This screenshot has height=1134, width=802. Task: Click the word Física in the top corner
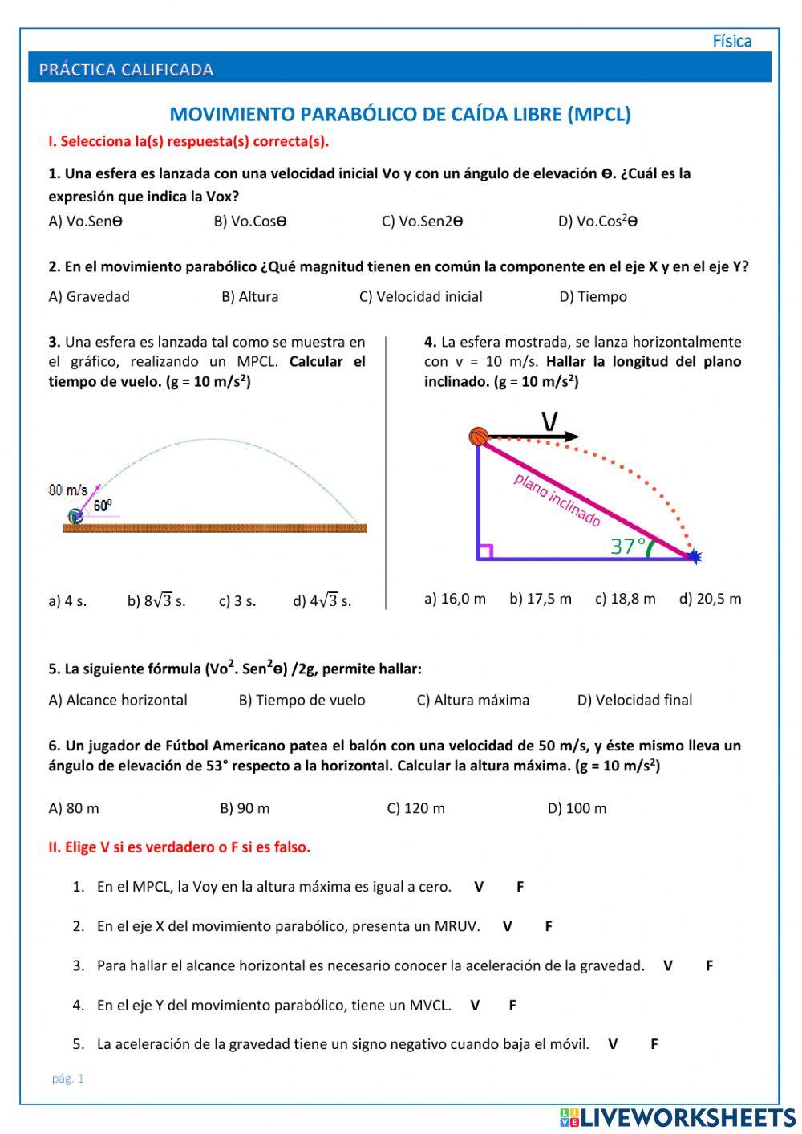pos(731,41)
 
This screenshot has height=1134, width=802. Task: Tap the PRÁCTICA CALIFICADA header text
pos(126,70)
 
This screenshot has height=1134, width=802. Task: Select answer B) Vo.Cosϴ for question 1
pos(249,222)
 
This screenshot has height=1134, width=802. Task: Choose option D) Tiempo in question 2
pos(593,296)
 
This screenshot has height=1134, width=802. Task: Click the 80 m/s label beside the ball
pos(67,490)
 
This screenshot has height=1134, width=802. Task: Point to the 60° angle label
pos(103,506)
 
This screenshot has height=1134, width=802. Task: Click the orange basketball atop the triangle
pos(479,437)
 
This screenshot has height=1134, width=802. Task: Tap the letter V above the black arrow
pos(549,421)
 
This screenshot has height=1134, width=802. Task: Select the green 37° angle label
pos(628,546)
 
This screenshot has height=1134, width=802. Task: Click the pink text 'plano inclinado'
pos(557,500)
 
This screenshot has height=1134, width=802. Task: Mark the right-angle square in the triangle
pos(484,551)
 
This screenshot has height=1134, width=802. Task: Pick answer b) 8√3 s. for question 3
pos(156,600)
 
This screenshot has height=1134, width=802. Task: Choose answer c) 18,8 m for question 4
pos(625,599)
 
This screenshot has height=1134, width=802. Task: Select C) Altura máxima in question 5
pos(472,700)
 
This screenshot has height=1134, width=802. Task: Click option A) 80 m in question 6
pos(74,808)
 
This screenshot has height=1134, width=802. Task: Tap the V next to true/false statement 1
pos(479,887)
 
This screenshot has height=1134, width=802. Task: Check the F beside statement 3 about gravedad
pos(709,965)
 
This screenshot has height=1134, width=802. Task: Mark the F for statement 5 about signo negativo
pos(654,1044)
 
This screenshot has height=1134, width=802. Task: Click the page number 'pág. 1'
pos(67,1079)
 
